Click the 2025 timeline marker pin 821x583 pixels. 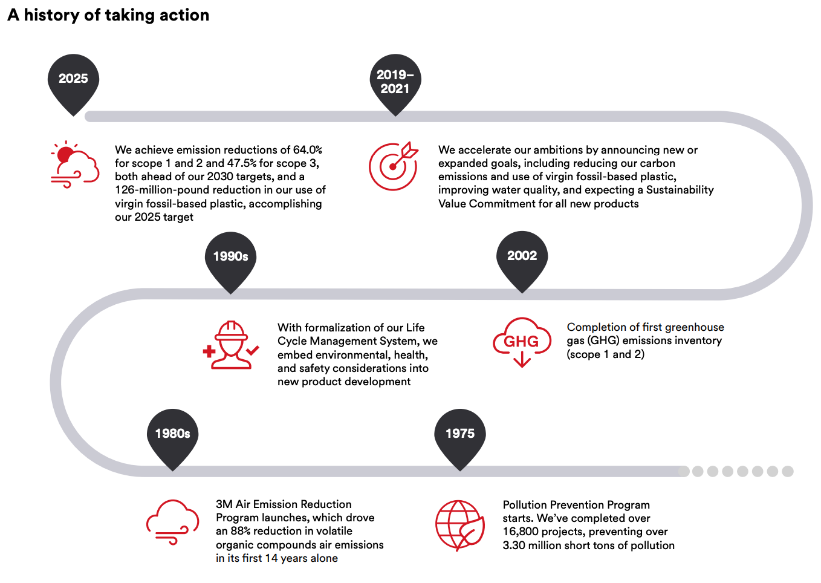click(x=73, y=82)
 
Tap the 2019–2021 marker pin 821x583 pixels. click(x=395, y=82)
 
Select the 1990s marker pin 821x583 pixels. click(x=230, y=260)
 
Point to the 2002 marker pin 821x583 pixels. click(x=522, y=259)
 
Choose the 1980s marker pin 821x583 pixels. click(x=173, y=437)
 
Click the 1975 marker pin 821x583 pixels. click(x=460, y=437)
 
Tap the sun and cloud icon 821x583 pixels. click(x=75, y=164)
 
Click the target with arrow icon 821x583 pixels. click(x=394, y=166)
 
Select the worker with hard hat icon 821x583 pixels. click(x=231, y=345)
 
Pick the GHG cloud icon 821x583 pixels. click(x=522, y=342)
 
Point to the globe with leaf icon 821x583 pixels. click(x=460, y=525)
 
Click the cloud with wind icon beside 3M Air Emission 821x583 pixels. click(x=173, y=521)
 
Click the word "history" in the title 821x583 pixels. click(x=51, y=15)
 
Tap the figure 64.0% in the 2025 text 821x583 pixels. click(x=308, y=149)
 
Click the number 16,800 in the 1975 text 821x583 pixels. click(x=520, y=532)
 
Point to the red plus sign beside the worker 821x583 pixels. click(x=209, y=351)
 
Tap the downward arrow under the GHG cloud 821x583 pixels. click(x=522, y=359)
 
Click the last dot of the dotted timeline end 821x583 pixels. click(x=788, y=471)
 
